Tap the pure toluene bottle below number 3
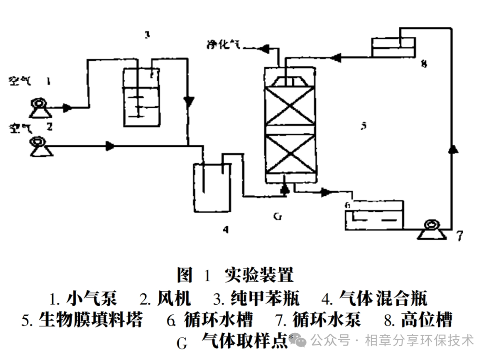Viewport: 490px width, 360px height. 142,96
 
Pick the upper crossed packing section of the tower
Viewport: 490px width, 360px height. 289,106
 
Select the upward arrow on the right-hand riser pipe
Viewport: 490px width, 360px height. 451,150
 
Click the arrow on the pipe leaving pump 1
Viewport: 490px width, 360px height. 67,108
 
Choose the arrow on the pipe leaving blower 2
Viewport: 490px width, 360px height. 109,146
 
